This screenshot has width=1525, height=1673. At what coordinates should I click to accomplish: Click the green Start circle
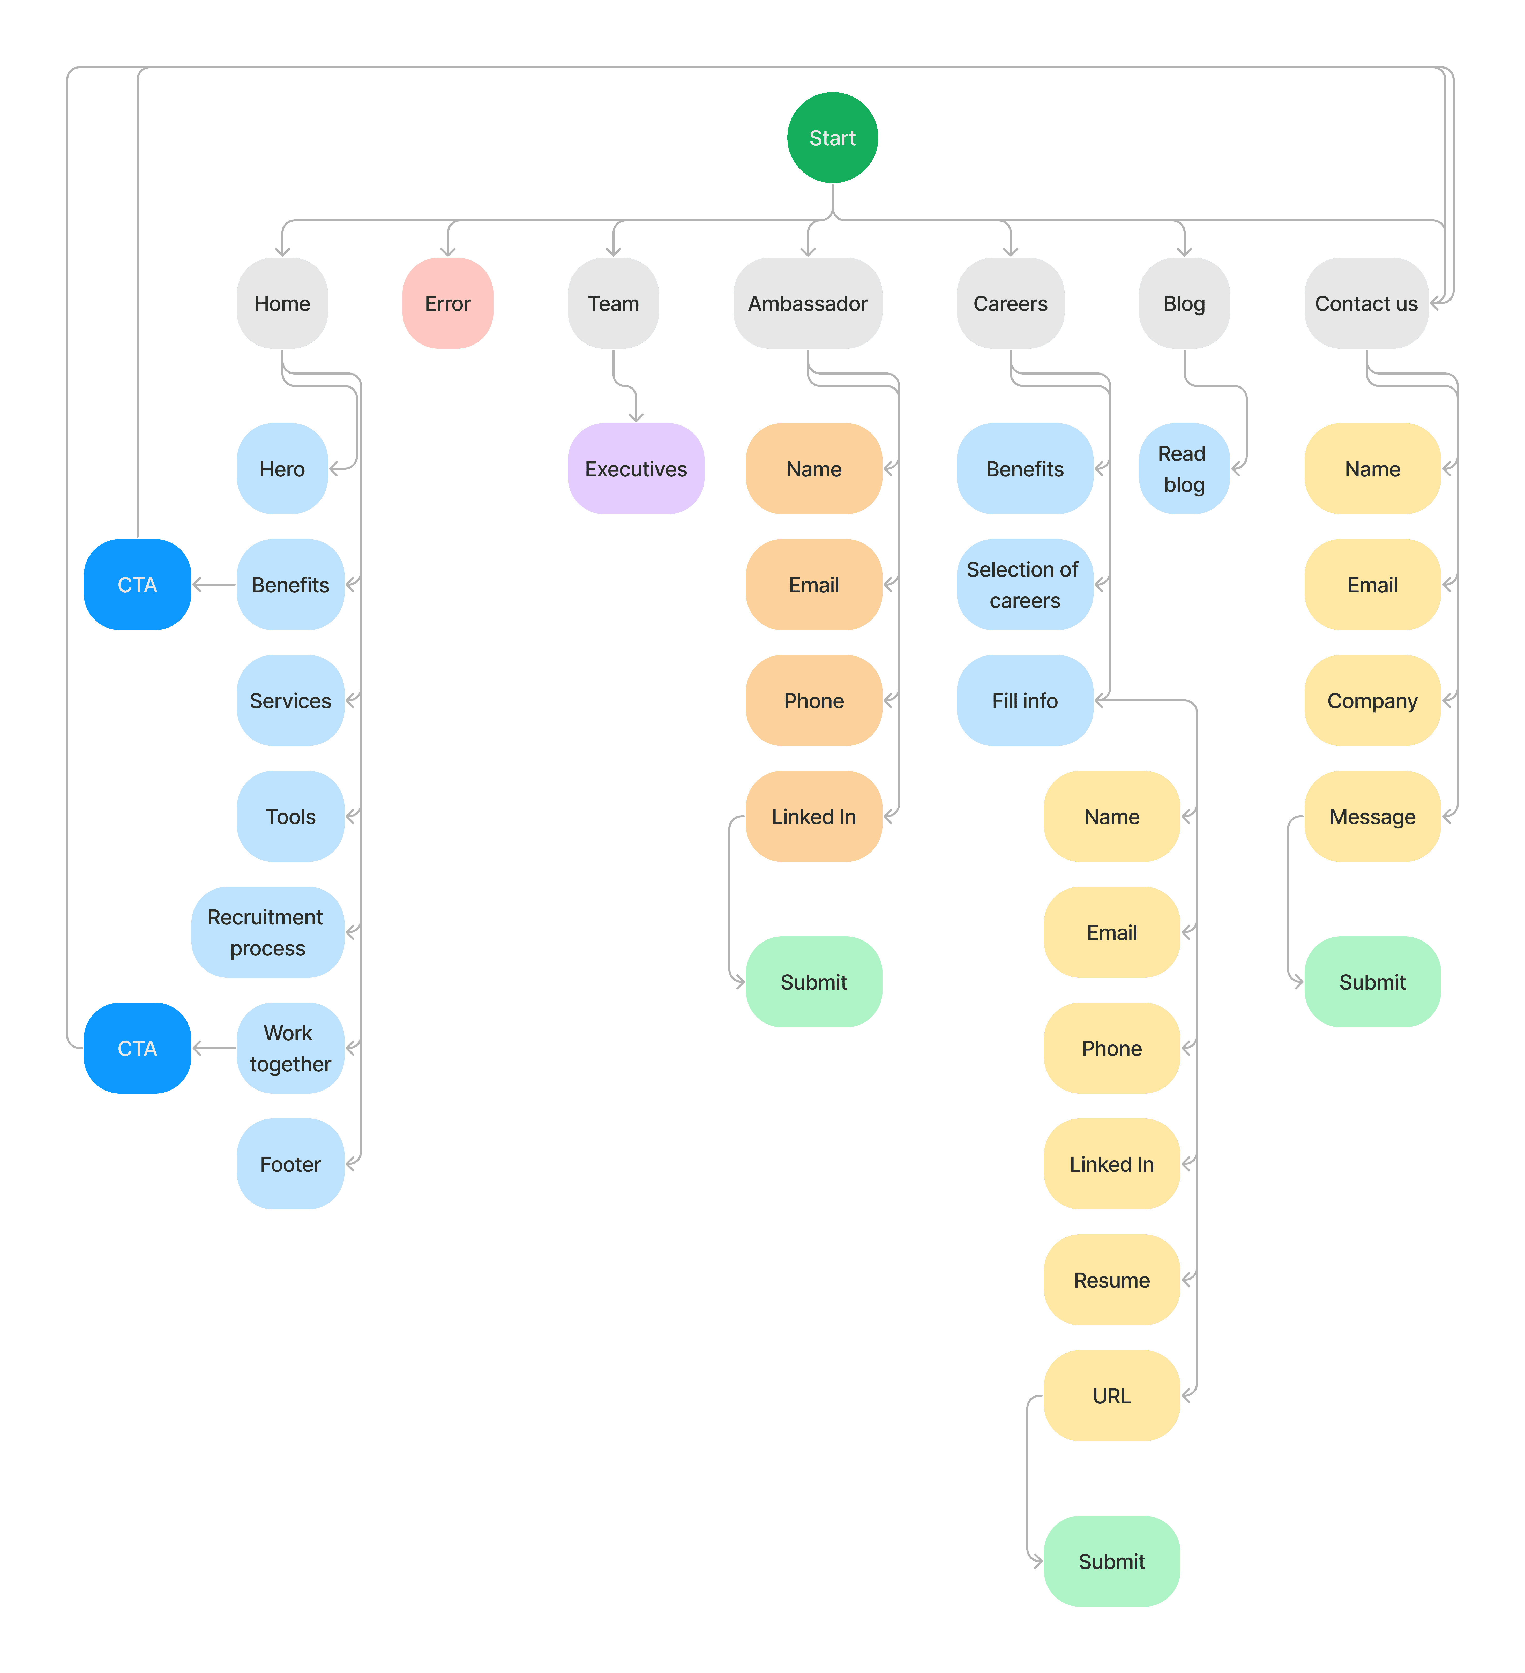pyautogui.click(x=832, y=138)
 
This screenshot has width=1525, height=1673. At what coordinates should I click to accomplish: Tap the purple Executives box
pyautogui.click(x=636, y=469)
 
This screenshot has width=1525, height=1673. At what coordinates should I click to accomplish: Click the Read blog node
pyautogui.click(x=1184, y=469)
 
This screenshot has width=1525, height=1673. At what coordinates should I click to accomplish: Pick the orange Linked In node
pyautogui.click(x=813, y=817)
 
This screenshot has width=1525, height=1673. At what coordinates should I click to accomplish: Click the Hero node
pyautogui.click(x=282, y=469)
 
